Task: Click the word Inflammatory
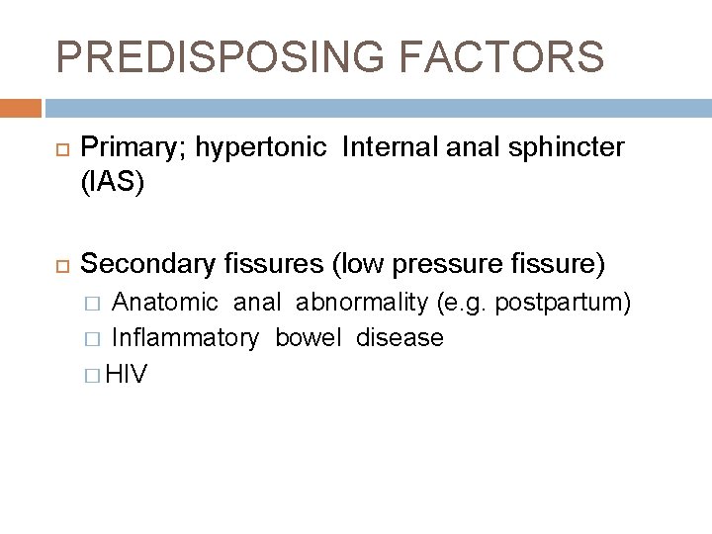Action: [x=186, y=338]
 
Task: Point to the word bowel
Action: [x=307, y=338]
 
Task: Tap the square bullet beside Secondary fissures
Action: [x=56, y=266]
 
